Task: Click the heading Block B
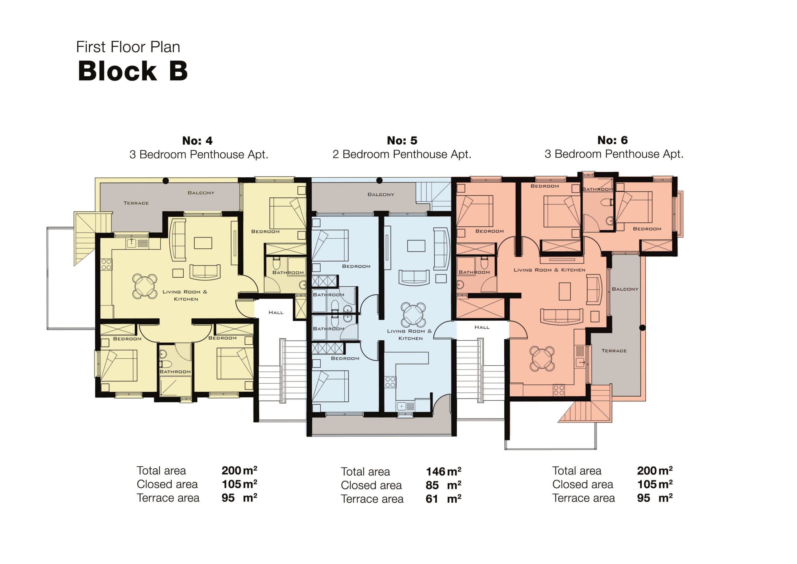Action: point(133,71)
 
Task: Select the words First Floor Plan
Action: point(128,47)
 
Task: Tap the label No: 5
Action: point(402,141)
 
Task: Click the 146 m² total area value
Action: point(443,471)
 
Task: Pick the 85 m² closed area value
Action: point(443,485)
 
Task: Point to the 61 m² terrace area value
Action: point(443,499)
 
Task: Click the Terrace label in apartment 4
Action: point(136,203)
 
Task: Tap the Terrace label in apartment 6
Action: point(614,351)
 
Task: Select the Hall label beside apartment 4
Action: point(276,313)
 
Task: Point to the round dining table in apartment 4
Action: point(144,286)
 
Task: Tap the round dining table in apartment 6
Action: point(542,358)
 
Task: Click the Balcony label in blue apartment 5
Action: point(381,195)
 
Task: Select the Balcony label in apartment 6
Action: point(625,289)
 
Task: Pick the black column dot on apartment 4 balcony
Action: point(166,181)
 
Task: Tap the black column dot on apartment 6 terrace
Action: point(643,327)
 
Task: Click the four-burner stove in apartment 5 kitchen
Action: point(390,382)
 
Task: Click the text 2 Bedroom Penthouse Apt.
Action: point(402,154)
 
